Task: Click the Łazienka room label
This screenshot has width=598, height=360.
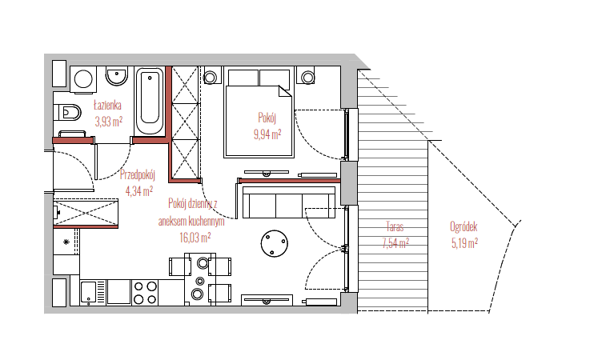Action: tap(107, 105)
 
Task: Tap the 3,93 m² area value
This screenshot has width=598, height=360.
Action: tap(109, 122)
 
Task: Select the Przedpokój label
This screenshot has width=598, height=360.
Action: tap(138, 174)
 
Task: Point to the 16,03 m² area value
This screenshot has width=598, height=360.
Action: tap(195, 238)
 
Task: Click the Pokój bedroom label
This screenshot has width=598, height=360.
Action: tap(267, 118)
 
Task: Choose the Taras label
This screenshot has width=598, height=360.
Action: tap(395, 227)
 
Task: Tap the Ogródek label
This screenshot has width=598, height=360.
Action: tap(464, 227)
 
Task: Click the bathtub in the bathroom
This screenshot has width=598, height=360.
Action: tap(150, 101)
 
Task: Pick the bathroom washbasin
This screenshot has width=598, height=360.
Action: tap(117, 76)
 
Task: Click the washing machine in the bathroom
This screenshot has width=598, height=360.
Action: tap(82, 80)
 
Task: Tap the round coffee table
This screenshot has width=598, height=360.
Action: tap(275, 243)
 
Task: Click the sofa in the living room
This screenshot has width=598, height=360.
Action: tap(289, 202)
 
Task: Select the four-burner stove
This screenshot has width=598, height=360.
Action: tap(145, 293)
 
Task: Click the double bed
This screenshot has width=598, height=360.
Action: tap(259, 112)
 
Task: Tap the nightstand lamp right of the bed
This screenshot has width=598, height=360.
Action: tap(307, 78)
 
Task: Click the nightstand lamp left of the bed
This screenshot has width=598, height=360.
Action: tap(210, 78)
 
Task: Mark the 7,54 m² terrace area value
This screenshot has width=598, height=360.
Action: tap(395, 243)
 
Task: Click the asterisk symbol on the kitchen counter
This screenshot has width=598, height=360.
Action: tap(66, 242)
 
